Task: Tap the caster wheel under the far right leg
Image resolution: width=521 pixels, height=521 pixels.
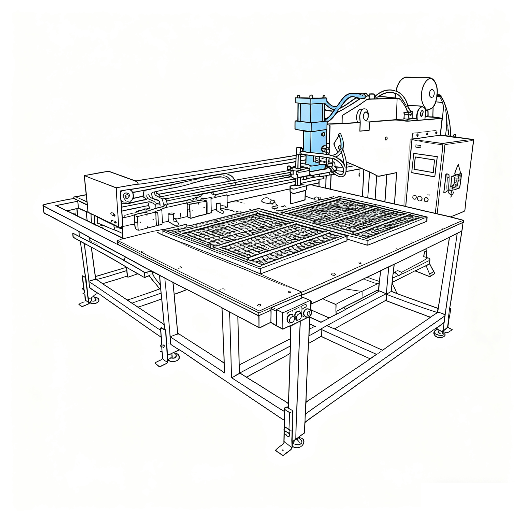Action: (440, 333)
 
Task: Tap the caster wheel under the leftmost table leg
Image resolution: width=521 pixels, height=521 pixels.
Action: (94, 300)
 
